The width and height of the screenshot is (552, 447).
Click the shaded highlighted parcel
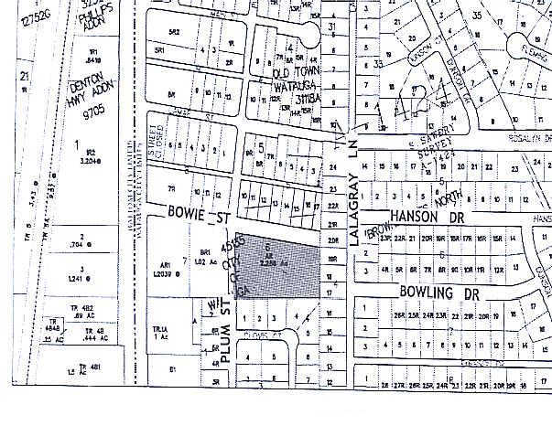pos(279,267)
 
